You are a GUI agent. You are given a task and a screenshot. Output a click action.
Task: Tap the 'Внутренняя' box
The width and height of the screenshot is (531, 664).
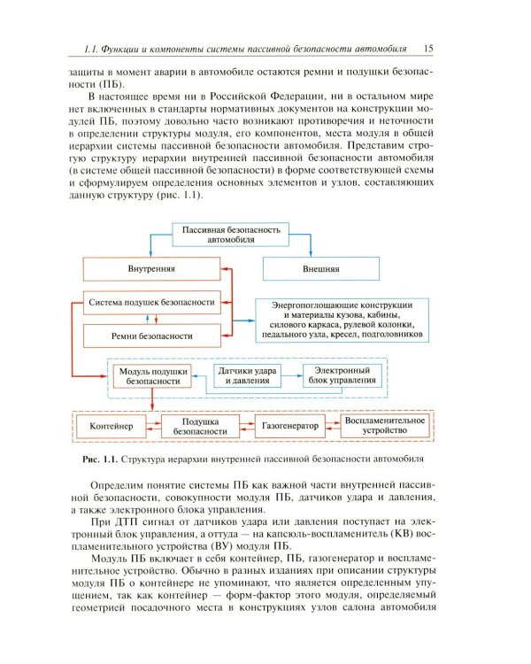coord(151,267)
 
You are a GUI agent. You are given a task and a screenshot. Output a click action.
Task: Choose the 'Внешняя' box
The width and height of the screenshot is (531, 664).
coord(325,267)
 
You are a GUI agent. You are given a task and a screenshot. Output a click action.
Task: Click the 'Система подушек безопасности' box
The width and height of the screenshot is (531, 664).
coord(151,302)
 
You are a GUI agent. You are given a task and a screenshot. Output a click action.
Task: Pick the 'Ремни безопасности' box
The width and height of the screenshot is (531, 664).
coord(151,336)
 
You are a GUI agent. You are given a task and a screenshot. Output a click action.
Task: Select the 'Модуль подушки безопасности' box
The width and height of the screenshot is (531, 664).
coord(149,374)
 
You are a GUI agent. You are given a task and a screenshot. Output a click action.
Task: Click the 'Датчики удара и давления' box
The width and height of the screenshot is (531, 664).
coord(243,374)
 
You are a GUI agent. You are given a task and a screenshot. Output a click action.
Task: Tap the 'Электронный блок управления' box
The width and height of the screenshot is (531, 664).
coord(340,374)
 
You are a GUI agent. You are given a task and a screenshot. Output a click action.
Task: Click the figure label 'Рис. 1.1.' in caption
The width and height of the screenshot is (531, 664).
coord(97,459)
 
